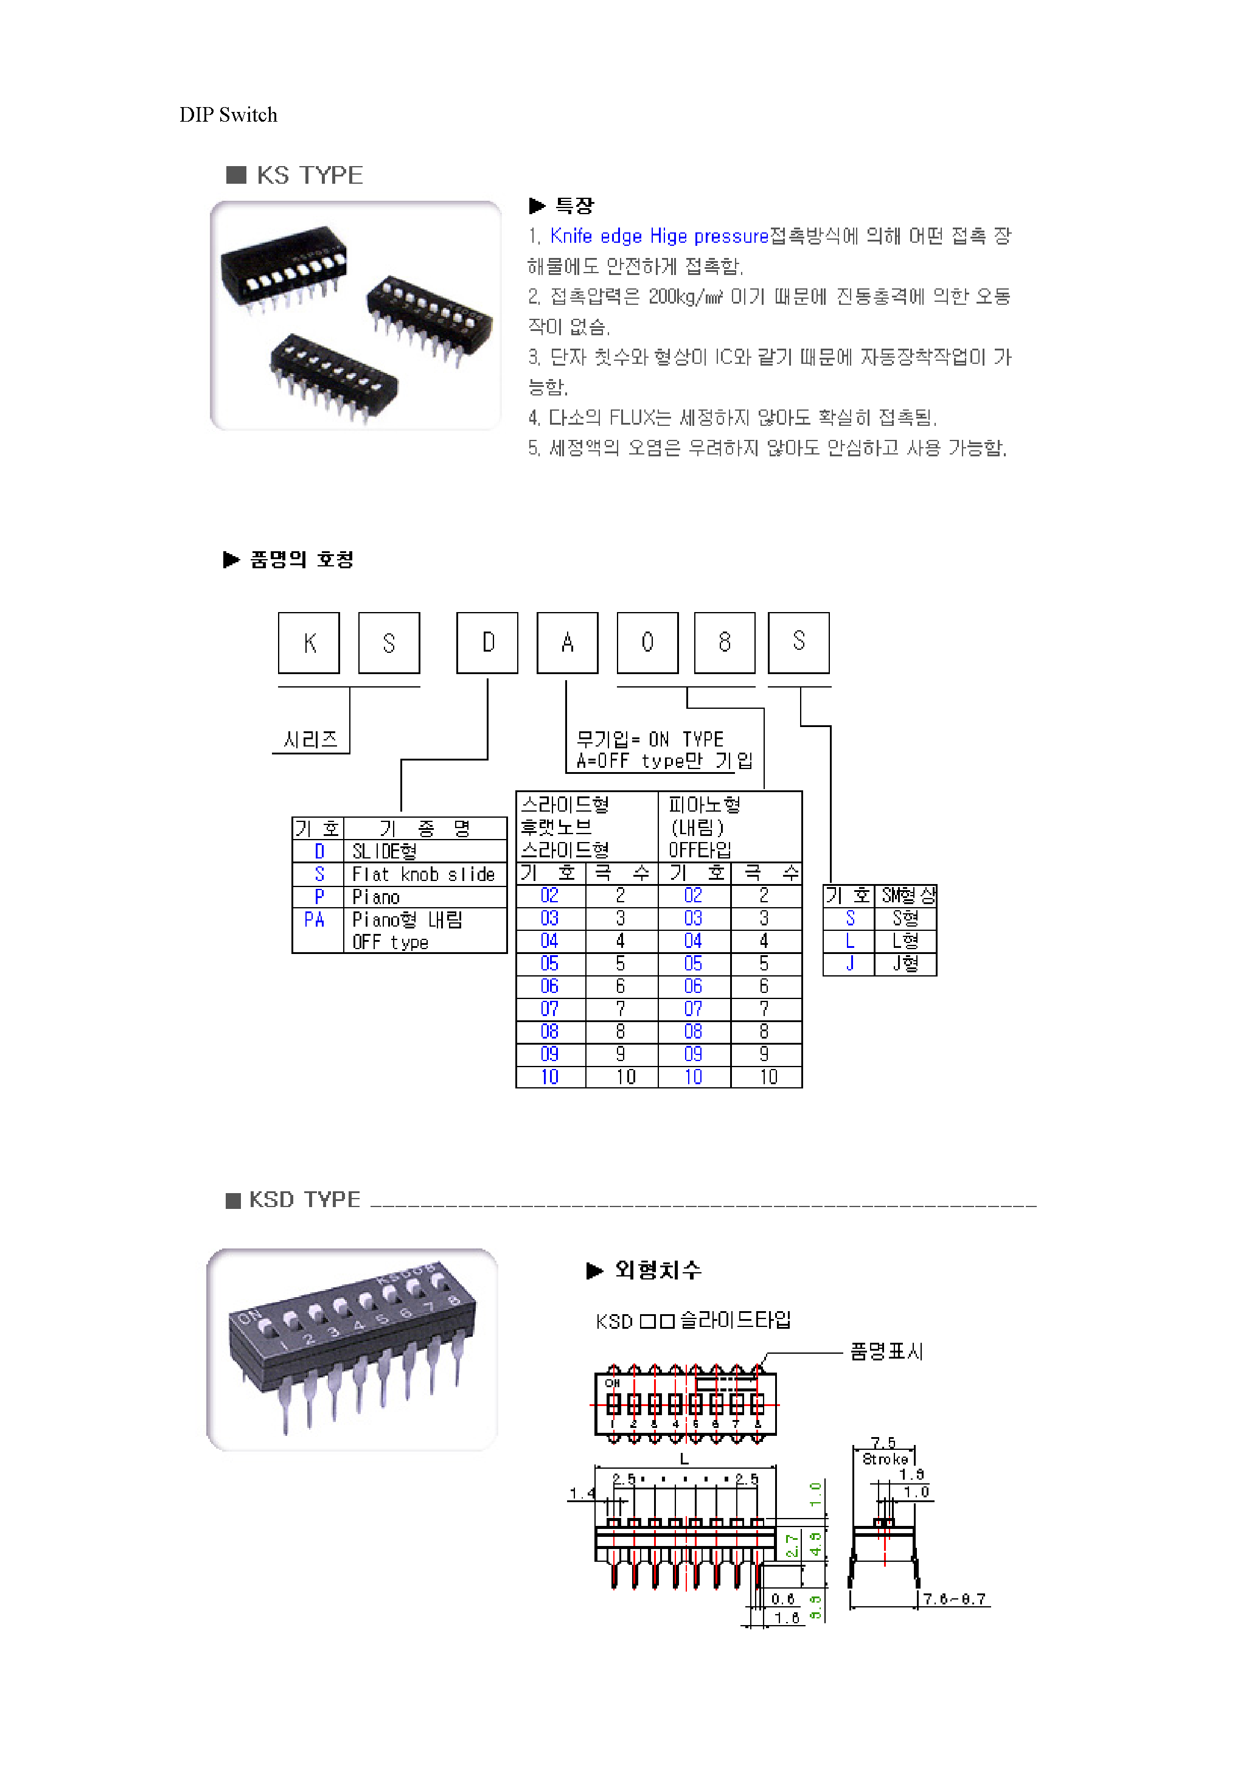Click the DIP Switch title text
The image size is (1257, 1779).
[x=228, y=114]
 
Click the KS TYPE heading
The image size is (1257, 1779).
[x=308, y=175]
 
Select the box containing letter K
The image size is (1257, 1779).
[x=309, y=642]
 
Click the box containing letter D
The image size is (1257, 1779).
[x=487, y=642]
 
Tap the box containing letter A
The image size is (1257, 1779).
[x=567, y=642]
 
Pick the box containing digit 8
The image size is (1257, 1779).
[x=725, y=642]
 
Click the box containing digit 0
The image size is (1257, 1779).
[x=647, y=642]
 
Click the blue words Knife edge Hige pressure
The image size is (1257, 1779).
[x=659, y=235]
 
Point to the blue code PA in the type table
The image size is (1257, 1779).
[x=314, y=920]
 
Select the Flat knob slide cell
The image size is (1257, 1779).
[x=423, y=874]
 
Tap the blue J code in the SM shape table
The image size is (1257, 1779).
[x=850, y=963]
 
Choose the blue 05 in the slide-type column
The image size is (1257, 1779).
[x=549, y=963]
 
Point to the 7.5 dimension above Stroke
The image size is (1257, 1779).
[x=883, y=1442]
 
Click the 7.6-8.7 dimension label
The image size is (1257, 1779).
[x=954, y=1600]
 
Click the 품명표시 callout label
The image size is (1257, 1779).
[x=886, y=1351]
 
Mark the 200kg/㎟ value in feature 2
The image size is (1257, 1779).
[x=686, y=297]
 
